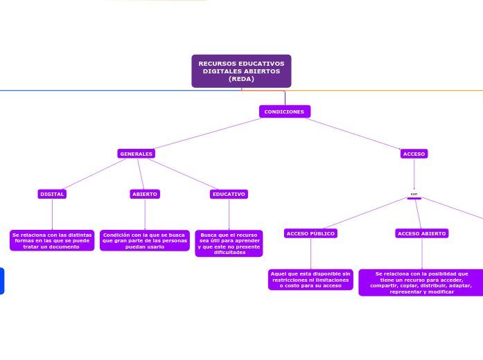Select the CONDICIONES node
[284, 111]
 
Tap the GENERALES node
[136, 154]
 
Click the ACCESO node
[414, 154]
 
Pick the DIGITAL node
[52, 195]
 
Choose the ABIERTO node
[145, 195]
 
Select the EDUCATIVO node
[229, 195]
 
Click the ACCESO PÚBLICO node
[310, 234]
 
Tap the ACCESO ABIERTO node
[421, 234]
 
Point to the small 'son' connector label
[414, 195]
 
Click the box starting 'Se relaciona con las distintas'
[52, 240]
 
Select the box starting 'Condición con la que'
[144, 240]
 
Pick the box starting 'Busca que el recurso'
[229, 244]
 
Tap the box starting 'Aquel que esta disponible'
[310, 280]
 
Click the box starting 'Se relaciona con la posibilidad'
[421, 282]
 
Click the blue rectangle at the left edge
[1, 280]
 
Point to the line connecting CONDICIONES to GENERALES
[208, 132]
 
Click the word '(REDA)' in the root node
[241, 79]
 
